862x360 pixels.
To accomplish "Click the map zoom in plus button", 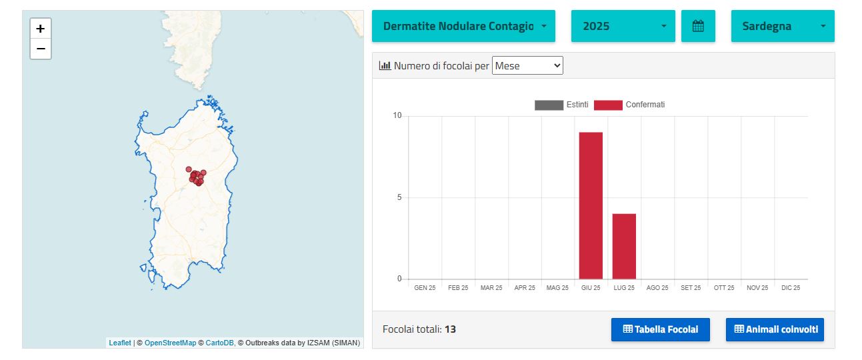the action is click(x=41, y=29).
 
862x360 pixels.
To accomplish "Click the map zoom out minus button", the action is click(x=41, y=49).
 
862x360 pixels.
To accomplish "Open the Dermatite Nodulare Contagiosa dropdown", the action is click(x=463, y=26).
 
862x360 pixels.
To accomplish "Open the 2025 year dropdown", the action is click(x=623, y=26).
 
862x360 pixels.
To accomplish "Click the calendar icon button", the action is click(x=698, y=26).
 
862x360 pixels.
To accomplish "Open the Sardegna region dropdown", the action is click(x=783, y=26).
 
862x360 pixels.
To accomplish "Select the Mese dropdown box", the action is click(x=527, y=65).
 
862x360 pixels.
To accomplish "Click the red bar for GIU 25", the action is click(x=591, y=205).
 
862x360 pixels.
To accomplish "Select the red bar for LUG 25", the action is click(x=624, y=247).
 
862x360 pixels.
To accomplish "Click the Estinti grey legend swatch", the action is click(x=549, y=105).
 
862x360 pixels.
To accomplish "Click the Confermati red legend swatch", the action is click(x=608, y=105).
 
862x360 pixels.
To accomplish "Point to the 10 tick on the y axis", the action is click(x=397, y=115).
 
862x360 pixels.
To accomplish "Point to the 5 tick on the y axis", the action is click(x=399, y=197).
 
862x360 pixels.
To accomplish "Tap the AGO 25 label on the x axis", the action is click(x=657, y=288).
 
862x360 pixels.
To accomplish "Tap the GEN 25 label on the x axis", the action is click(x=425, y=288).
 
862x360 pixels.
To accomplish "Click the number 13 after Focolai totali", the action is click(x=450, y=329).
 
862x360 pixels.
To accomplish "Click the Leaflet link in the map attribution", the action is click(x=120, y=343).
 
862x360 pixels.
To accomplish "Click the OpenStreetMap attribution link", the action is click(x=170, y=343).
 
